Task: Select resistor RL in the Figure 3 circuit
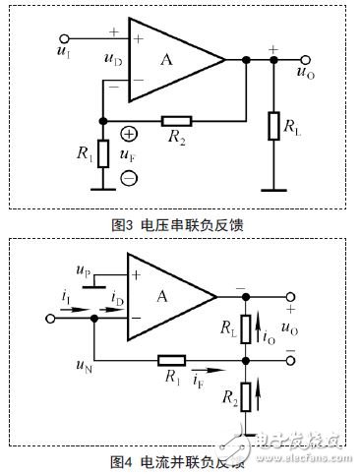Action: pos(273,126)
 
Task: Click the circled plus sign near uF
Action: pos(129,133)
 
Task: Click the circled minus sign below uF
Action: pos(129,178)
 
